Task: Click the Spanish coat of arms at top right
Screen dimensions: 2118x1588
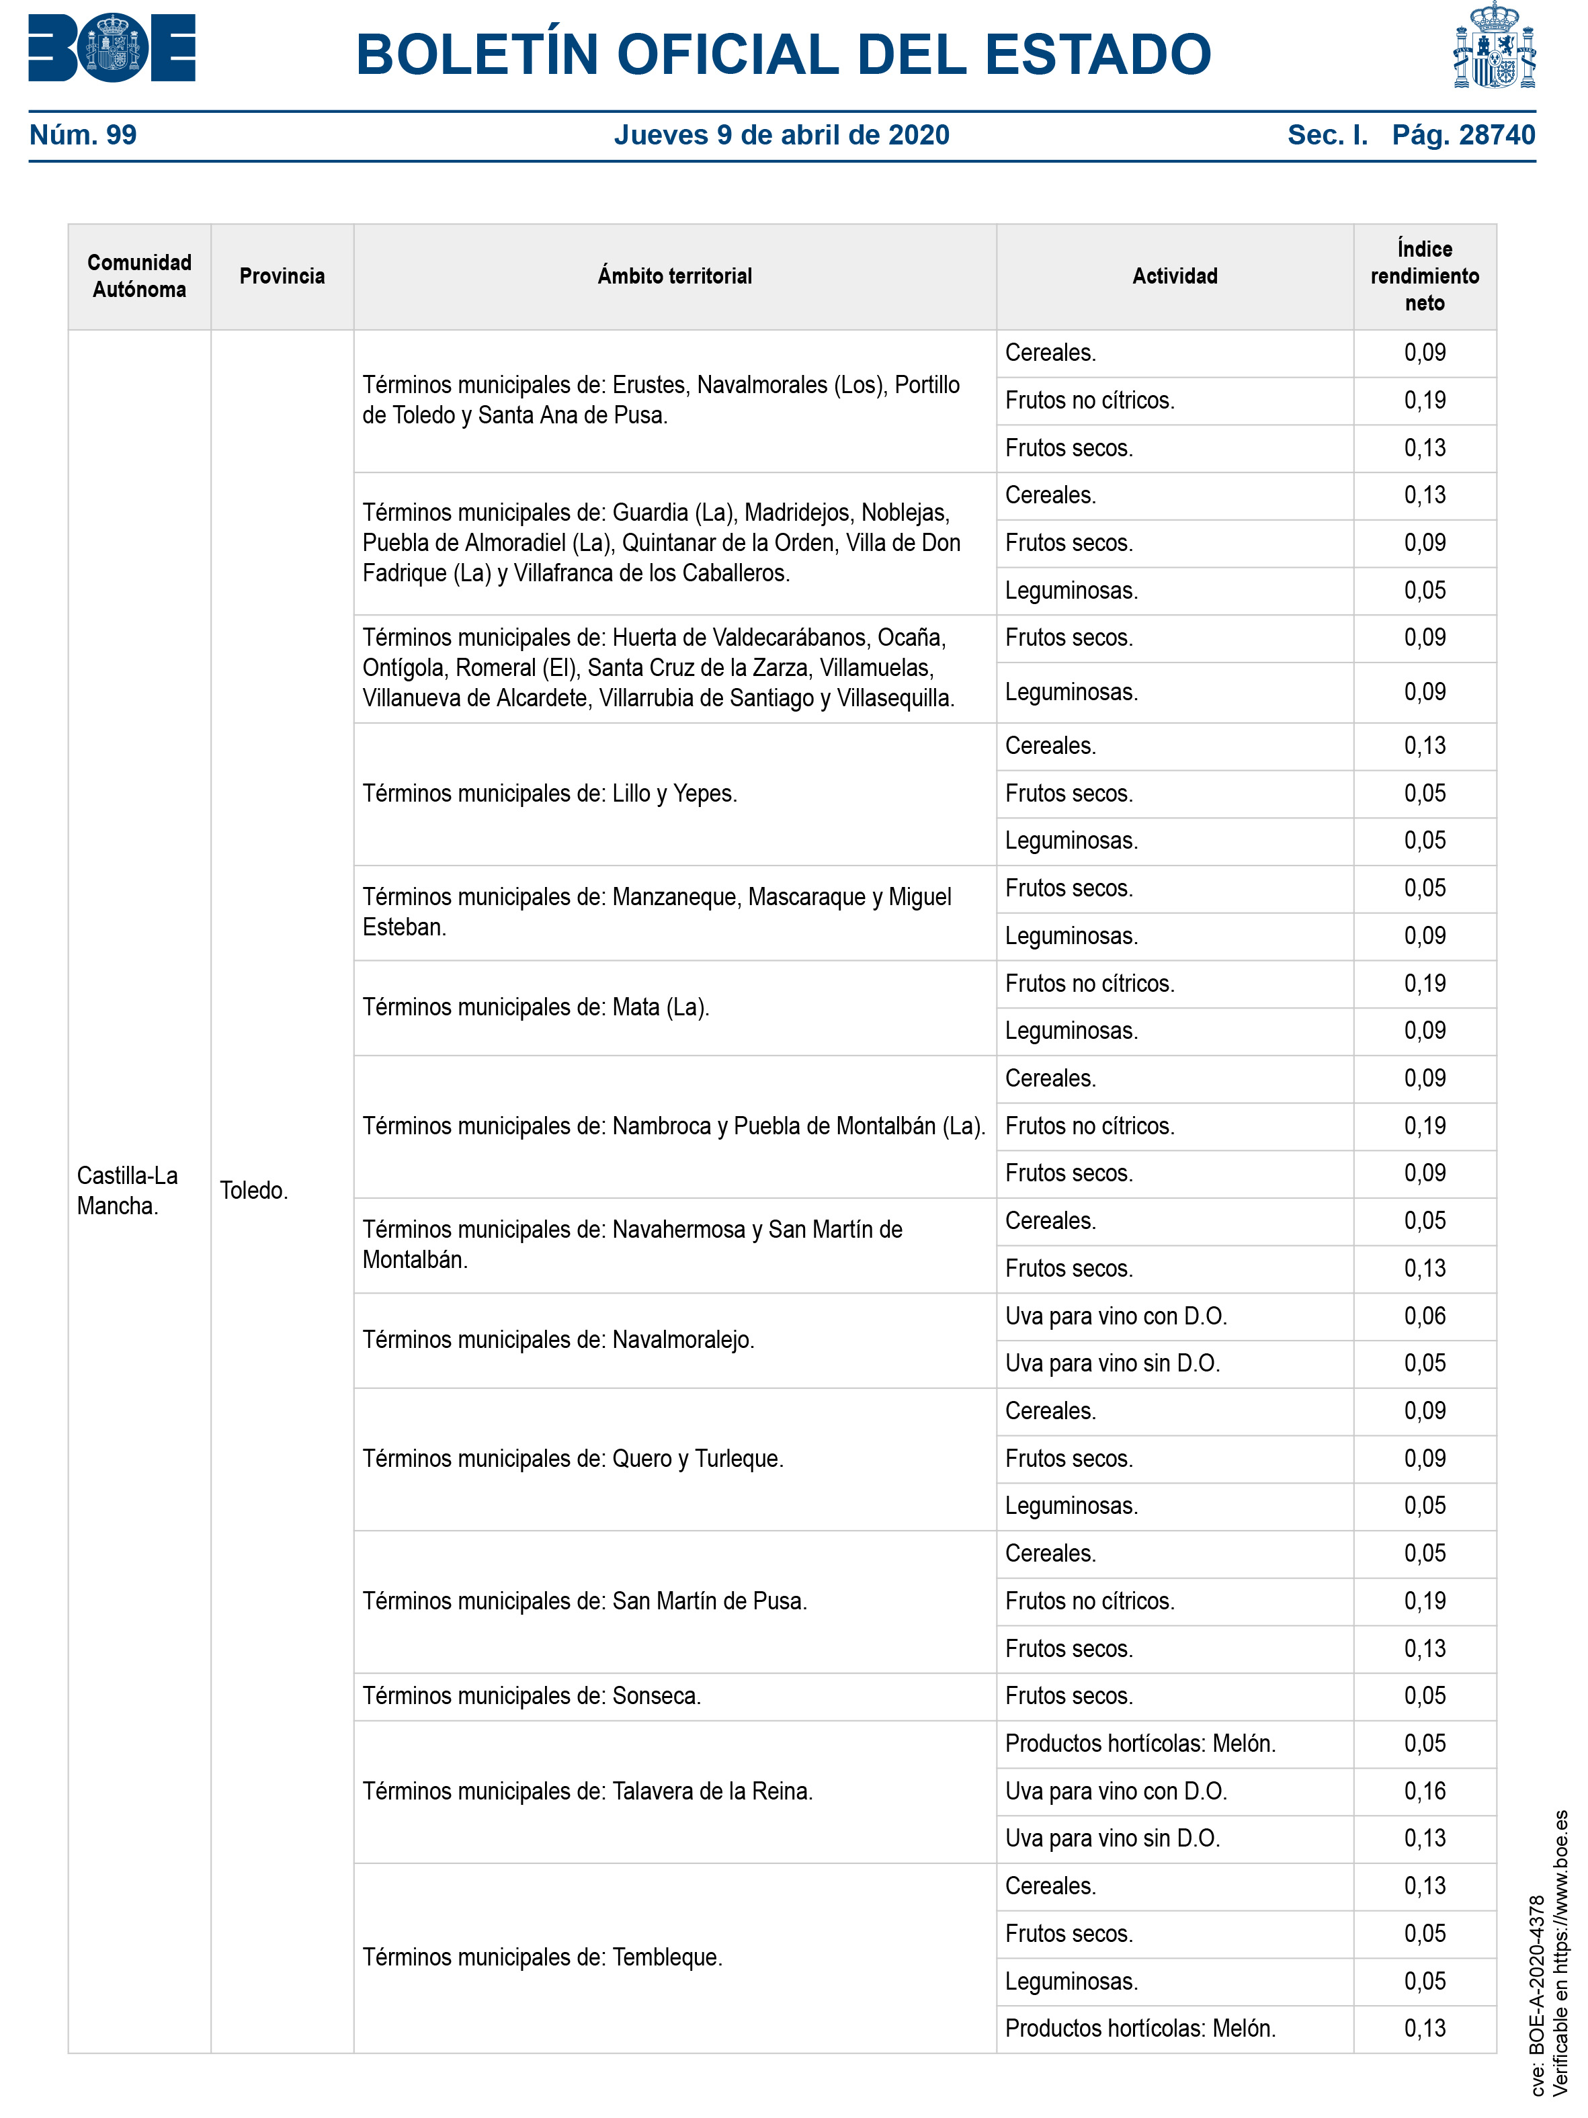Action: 1493,46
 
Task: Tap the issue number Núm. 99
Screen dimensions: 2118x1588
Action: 83,135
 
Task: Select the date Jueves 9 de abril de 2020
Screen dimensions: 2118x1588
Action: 782,135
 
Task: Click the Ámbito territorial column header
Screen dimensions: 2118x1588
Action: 674,277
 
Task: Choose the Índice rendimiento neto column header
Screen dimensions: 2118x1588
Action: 1424,277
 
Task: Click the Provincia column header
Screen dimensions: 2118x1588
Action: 282,277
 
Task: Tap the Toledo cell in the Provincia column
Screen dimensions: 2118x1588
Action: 254,1190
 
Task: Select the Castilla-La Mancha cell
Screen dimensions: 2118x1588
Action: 128,1190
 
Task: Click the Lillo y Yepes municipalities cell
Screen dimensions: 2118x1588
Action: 550,794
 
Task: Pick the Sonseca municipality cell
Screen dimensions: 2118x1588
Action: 532,1696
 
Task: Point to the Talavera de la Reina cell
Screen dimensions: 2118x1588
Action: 587,1791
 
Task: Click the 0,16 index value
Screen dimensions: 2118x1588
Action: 1424,1791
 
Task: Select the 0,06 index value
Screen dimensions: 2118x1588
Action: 1424,1316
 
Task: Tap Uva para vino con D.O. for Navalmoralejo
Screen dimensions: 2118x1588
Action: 1116,1316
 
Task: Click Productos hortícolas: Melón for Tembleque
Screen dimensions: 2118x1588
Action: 1140,2029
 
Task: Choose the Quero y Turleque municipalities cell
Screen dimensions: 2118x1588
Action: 573,1458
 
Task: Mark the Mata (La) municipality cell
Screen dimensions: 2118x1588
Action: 536,1007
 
